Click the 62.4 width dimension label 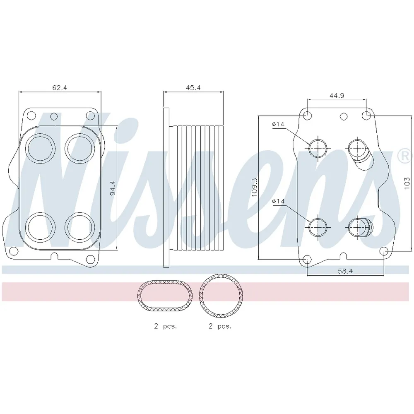point(59,88)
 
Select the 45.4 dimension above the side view point(193,88)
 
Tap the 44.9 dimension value point(337,95)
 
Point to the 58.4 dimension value point(345,271)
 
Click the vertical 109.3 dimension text point(254,187)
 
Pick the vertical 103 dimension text point(407,183)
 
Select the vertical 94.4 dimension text point(113,188)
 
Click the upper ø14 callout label point(278,124)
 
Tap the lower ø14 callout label point(278,201)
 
